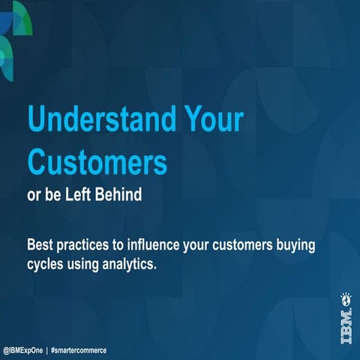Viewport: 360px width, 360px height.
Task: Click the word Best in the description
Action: point(40,245)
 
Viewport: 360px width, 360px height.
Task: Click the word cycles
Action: point(46,264)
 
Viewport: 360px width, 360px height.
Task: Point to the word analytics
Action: point(127,264)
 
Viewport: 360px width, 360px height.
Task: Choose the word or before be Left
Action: point(34,193)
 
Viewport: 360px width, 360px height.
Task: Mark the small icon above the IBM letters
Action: point(345,298)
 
